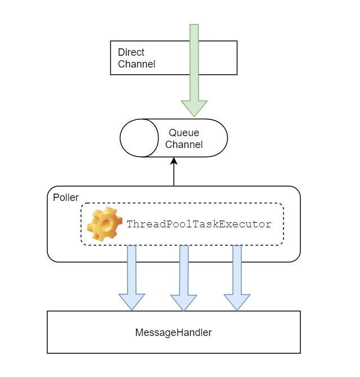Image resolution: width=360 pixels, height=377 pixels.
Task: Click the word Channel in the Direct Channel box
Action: click(x=137, y=64)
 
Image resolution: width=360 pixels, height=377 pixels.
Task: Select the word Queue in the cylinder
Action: click(x=183, y=133)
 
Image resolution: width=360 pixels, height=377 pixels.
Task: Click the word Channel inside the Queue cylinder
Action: click(x=183, y=145)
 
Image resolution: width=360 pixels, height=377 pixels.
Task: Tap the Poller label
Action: click(x=66, y=198)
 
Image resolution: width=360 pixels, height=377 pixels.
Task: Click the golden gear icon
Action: click(x=105, y=223)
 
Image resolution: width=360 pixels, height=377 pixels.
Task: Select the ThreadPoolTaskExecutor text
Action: click(x=199, y=224)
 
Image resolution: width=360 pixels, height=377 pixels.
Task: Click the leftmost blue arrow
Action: click(x=132, y=270)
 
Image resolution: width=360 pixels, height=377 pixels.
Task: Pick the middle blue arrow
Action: click(x=184, y=270)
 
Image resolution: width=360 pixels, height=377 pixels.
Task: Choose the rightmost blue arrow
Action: click(x=237, y=270)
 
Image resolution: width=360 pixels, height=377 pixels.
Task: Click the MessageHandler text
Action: click(x=173, y=333)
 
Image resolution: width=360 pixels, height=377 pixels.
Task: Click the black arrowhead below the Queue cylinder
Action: click(x=174, y=161)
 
